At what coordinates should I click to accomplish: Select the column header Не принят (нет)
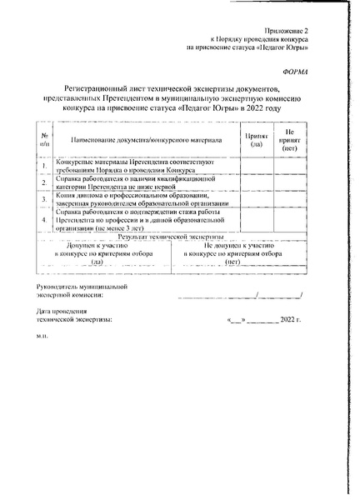(289, 137)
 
